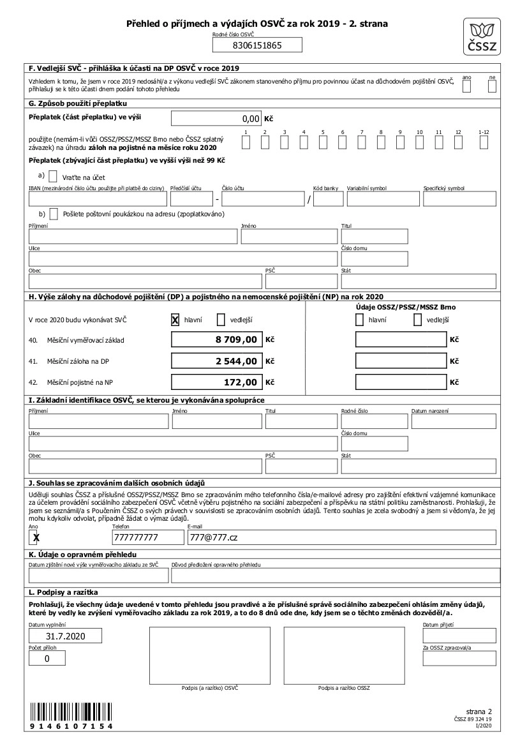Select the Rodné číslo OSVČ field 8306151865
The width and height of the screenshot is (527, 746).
(x=256, y=45)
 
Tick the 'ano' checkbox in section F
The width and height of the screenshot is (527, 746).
(x=466, y=87)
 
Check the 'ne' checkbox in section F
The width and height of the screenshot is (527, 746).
(x=492, y=87)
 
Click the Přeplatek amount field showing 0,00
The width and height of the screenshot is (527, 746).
(x=216, y=118)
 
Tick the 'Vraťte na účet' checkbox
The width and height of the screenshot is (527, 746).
(x=53, y=176)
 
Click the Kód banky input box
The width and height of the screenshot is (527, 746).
(x=329, y=199)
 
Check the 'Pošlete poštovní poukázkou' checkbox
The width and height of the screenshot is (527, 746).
(x=54, y=214)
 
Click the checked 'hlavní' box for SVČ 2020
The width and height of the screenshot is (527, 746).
(x=174, y=320)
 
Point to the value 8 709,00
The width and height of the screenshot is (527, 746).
(x=216, y=340)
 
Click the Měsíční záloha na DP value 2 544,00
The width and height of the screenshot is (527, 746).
(x=216, y=361)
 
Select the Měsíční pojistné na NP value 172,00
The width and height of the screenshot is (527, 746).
(x=216, y=382)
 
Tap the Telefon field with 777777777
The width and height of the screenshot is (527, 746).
(x=147, y=538)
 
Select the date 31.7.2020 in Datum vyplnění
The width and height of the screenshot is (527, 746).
(x=66, y=636)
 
